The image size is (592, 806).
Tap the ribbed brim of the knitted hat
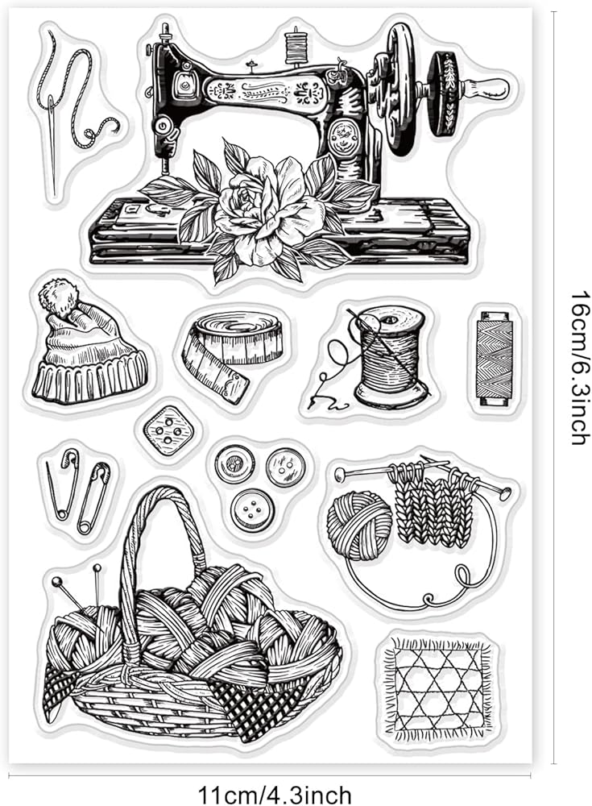(x=90, y=379)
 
